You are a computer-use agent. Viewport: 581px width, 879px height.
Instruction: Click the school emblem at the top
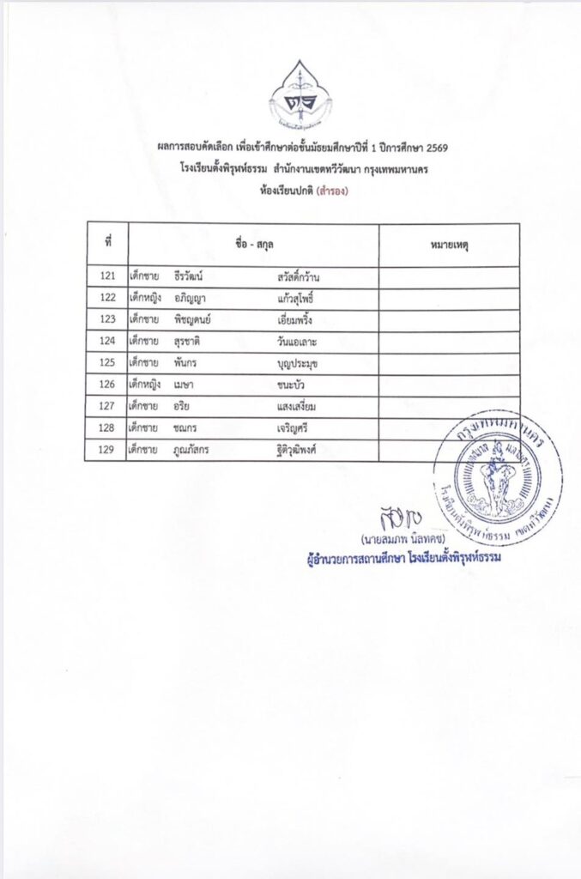click(301, 94)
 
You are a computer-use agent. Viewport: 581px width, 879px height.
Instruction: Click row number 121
click(107, 276)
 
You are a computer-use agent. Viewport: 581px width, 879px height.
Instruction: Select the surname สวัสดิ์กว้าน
click(299, 276)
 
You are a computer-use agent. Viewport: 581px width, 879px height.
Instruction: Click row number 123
click(107, 319)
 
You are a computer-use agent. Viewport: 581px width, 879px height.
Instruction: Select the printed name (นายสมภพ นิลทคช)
click(401, 540)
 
